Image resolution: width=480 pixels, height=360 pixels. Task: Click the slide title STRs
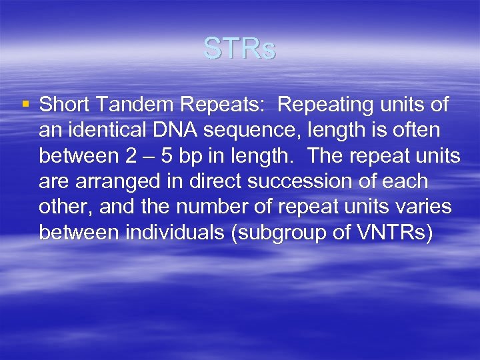(x=239, y=49)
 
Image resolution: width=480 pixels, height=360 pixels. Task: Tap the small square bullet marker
(x=26, y=105)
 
